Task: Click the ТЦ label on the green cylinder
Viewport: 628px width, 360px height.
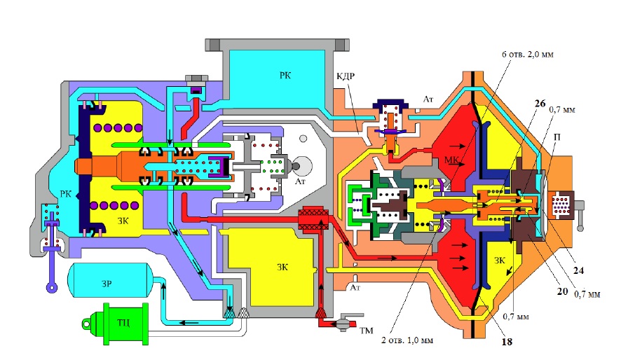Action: point(123,322)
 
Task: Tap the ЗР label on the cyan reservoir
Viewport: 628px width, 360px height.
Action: point(107,284)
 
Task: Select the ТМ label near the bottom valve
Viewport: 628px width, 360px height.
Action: point(366,331)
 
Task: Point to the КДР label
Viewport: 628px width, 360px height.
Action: point(346,76)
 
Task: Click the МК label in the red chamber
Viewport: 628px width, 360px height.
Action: point(452,160)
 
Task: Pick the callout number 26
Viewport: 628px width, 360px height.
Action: point(540,103)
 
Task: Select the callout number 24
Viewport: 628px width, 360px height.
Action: point(578,270)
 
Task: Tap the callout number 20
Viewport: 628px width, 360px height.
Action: point(563,291)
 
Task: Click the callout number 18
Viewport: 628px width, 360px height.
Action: point(507,342)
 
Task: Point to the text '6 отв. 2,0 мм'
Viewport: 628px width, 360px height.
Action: point(528,54)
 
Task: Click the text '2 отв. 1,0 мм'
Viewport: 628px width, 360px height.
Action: point(407,340)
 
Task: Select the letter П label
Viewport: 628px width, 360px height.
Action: point(557,137)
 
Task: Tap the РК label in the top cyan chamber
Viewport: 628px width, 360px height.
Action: point(285,75)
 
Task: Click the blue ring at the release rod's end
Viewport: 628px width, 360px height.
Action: point(52,287)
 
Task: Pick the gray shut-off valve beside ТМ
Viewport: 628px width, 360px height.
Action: point(343,322)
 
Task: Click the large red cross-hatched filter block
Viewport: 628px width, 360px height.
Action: point(313,220)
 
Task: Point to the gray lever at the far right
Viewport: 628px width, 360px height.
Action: point(580,216)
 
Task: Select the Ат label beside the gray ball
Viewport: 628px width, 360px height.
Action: point(301,181)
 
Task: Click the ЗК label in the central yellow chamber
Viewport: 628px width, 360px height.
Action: point(282,267)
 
